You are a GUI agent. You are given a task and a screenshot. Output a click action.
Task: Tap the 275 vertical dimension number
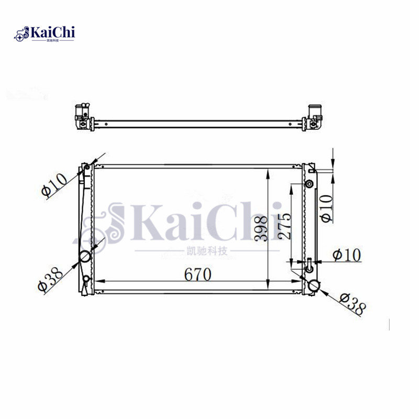(x=284, y=226)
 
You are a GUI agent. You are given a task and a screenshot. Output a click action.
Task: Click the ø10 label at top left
(x=54, y=184)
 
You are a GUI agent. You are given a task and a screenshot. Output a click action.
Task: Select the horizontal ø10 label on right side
(x=346, y=255)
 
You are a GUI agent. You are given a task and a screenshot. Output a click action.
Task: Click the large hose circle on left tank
(x=85, y=257)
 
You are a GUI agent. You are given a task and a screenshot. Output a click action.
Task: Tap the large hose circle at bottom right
(x=314, y=286)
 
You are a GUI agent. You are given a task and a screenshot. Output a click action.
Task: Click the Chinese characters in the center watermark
(x=207, y=251)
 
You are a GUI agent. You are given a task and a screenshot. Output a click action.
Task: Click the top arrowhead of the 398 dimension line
(x=268, y=172)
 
